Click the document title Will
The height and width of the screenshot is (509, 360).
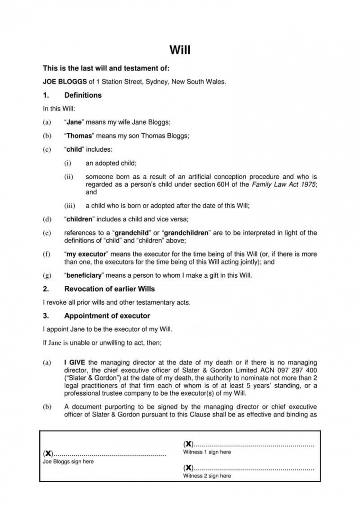pos(180,50)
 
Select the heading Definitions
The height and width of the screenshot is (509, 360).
pos(83,95)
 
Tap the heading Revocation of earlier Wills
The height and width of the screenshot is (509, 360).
pos(109,289)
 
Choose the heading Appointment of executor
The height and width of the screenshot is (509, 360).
pos(107,316)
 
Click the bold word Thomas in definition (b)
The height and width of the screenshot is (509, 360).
pos(80,136)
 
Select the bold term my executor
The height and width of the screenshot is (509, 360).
pos(86,255)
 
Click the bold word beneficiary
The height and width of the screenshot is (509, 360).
pos(83,275)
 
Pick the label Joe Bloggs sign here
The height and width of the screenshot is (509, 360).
pos(68,462)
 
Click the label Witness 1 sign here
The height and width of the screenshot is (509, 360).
pos(207,452)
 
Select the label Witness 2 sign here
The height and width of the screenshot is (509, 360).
pos(207,476)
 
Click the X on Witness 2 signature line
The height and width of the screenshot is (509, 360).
pos(188,468)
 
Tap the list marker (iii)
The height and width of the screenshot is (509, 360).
pos(71,206)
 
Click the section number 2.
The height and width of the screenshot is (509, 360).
pos(45,289)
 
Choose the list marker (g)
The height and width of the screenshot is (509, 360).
pos(47,275)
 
